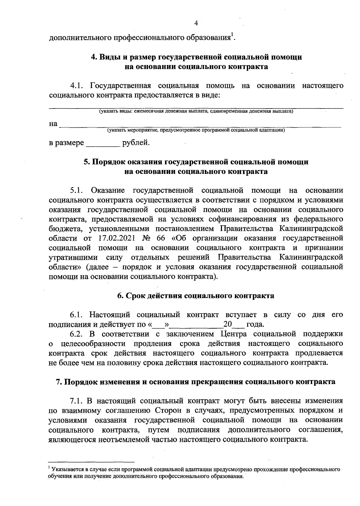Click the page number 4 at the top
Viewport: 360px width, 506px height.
pyautogui.click(x=196, y=23)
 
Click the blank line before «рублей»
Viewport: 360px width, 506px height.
pyautogui.click(x=103, y=143)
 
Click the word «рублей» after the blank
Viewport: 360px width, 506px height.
pyautogui.click(x=136, y=143)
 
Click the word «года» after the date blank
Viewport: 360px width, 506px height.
pyautogui.click(x=254, y=324)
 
